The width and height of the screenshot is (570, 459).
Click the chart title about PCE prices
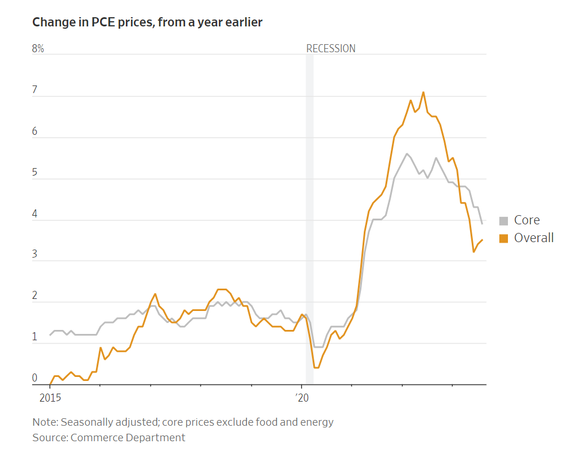(x=148, y=22)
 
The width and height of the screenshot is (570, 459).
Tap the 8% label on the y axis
(x=38, y=49)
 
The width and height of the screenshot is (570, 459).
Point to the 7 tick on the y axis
(x=35, y=90)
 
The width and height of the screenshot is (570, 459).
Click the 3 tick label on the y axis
(x=35, y=255)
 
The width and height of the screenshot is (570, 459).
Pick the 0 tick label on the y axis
(x=35, y=378)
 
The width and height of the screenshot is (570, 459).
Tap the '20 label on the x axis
(x=302, y=396)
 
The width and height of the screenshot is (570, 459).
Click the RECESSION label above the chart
(x=330, y=49)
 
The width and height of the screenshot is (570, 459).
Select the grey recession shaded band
(x=309, y=218)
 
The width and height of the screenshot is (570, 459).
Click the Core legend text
(x=527, y=220)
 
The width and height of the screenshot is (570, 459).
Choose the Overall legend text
(x=534, y=238)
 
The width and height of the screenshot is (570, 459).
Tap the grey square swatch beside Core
(x=504, y=221)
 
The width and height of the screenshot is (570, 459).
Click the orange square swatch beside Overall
(x=504, y=238)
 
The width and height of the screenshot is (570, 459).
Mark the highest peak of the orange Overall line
(x=423, y=92)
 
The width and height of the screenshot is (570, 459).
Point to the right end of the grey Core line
(x=482, y=223)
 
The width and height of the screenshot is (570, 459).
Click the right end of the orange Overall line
(x=482, y=240)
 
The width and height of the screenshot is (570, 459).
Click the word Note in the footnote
(x=44, y=422)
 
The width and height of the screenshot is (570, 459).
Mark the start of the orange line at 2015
(x=50, y=384)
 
